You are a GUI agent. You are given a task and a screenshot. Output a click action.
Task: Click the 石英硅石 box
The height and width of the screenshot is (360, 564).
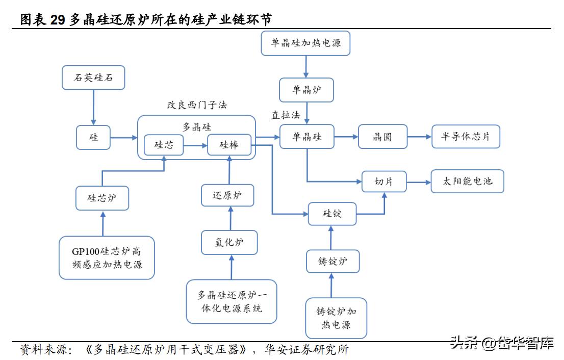click(93, 78)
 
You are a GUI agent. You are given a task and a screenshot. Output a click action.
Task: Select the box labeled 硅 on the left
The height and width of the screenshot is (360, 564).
click(93, 137)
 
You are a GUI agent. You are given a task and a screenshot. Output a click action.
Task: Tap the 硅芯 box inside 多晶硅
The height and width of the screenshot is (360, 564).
click(164, 145)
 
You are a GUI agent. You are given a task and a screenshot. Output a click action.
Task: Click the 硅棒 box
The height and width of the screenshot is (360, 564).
click(229, 145)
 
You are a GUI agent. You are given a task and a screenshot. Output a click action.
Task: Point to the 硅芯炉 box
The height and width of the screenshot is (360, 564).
click(102, 198)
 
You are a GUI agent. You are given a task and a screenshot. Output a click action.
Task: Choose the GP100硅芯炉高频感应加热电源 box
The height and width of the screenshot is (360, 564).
click(107, 258)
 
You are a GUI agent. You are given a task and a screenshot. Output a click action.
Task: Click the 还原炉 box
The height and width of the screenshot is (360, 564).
click(227, 195)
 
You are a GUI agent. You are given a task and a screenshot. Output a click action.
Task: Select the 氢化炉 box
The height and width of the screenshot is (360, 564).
click(229, 242)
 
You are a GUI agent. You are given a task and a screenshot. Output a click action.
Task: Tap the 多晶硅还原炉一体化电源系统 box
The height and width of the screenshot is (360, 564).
click(232, 301)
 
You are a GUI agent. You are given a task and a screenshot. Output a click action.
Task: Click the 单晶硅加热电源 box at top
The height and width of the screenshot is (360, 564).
click(305, 43)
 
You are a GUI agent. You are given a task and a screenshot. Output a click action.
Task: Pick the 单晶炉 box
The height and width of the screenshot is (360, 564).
click(306, 90)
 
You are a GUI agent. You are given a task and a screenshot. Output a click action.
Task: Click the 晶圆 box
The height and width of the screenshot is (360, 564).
click(382, 137)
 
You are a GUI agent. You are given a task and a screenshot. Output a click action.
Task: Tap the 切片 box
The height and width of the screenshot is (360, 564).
click(384, 181)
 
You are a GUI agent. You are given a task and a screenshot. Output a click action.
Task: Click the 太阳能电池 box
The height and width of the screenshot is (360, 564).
click(467, 181)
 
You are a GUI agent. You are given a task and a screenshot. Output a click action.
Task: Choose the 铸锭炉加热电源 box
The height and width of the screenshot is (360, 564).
click(336, 318)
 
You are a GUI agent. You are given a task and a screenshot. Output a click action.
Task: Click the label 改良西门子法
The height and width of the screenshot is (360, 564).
click(197, 105)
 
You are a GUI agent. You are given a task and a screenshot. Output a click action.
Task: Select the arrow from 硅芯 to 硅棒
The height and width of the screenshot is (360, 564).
click(196, 145)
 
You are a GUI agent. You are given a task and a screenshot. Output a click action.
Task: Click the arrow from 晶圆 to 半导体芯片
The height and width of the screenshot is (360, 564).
click(419, 137)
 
